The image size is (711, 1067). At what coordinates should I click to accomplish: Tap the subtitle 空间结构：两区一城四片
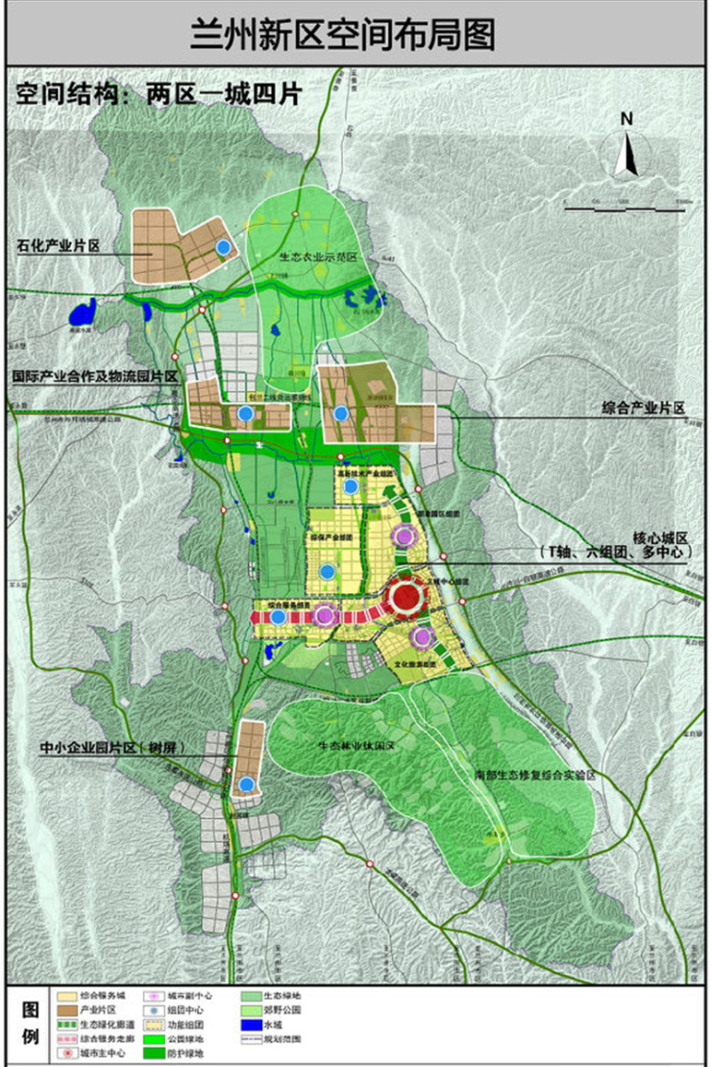(159, 94)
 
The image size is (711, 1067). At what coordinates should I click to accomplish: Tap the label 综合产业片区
(644, 409)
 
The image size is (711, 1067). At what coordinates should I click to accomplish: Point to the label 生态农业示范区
(318, 258)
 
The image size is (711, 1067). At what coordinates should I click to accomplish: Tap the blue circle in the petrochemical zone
(224, 247)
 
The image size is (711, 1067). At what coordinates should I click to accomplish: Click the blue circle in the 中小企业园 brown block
(248, 784)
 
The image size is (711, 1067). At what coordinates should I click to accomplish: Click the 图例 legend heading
(29, 1025)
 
